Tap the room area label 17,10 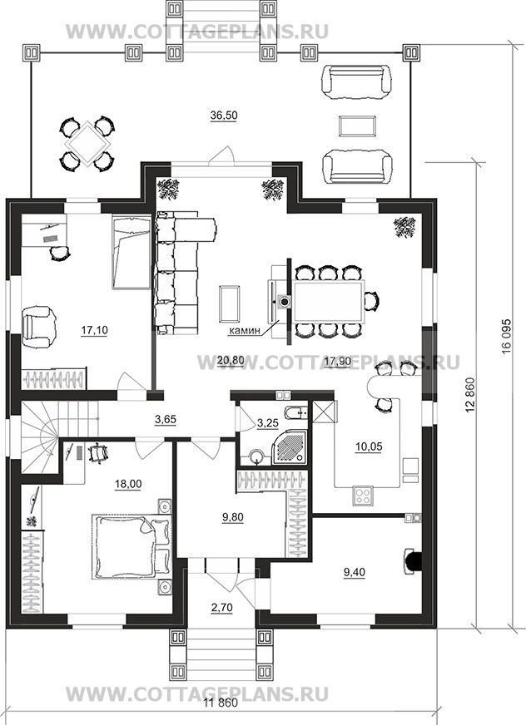click(94, 330)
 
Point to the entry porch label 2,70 click(222, 607)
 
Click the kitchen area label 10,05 click(369, 447)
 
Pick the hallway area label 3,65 click(166, 419)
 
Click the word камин click(244, 331)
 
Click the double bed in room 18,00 click(131, 547)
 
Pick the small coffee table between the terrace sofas click(357, 126)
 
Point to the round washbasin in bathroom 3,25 click(256, 457)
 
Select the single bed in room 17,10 click(131, 253)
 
